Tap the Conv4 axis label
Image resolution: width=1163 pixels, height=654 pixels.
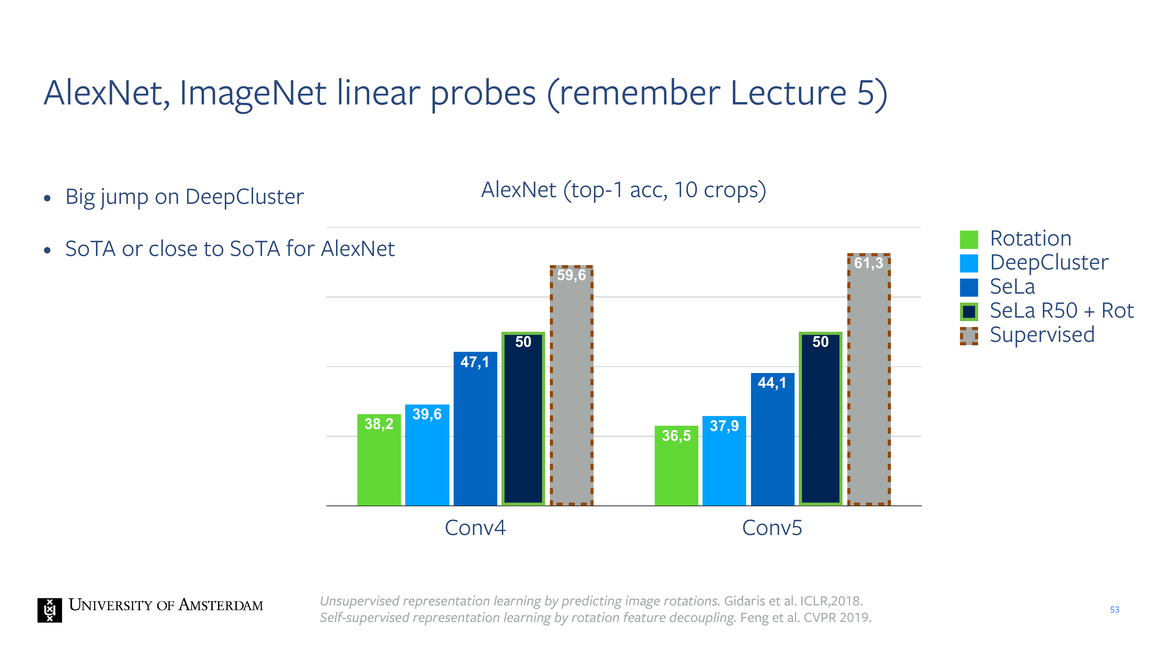click(475, 528)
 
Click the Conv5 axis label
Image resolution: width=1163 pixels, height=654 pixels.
click(772, 528)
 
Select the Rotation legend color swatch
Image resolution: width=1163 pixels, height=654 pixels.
click(969, 239)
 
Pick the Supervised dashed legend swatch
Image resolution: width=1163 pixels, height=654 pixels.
click(969, 336)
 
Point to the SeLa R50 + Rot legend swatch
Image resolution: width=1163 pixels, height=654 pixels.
click(969, 312)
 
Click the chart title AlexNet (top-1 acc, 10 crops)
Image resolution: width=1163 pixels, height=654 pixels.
click(623, 190)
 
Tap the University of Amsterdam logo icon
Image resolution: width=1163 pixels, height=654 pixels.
click(50, 610)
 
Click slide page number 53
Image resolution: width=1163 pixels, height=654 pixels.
click(1114, 610)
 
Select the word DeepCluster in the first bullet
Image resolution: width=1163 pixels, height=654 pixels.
click(244, 197)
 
